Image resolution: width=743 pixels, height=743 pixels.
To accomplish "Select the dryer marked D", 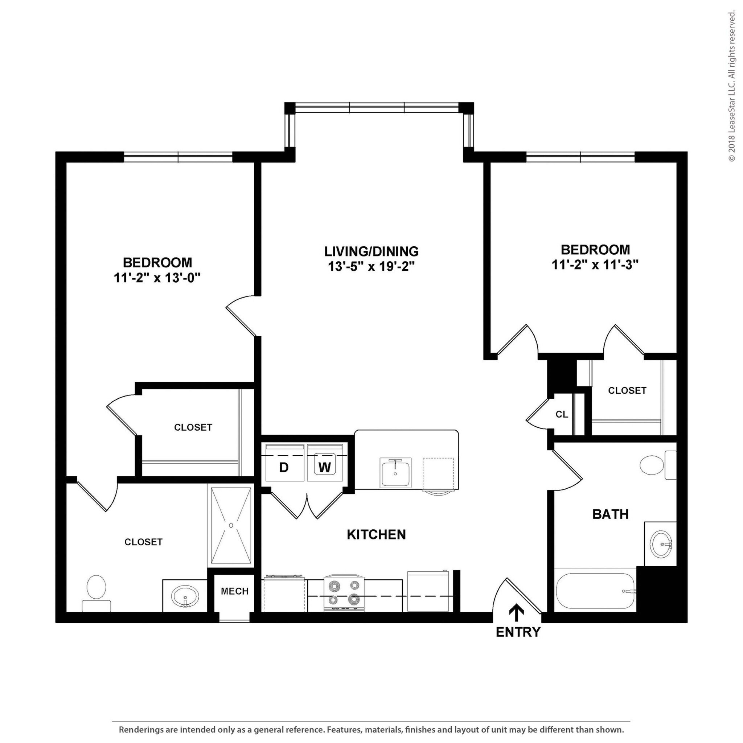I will pos(284,467).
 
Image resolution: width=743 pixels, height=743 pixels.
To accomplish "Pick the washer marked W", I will pos(325,467).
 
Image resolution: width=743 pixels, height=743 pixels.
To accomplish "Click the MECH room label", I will pos(235,591).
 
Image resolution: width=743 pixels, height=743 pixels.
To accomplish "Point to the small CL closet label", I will pos(562,414).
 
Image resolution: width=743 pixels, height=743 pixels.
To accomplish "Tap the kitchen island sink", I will pos(395,473).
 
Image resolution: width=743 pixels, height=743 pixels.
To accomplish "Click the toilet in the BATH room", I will pos(656,465).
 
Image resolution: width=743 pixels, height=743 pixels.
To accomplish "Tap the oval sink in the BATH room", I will pos(661,544).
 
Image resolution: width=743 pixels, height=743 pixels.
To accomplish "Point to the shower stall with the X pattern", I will pos(231,525).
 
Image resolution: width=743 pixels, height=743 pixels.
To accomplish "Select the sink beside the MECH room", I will pos(185,596).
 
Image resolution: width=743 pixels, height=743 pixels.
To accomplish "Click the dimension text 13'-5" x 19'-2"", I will pos(371,267).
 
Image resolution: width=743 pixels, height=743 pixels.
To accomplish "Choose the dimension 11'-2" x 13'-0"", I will pos(157,278).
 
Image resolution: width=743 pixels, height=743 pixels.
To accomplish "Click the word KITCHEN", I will pos(376,534).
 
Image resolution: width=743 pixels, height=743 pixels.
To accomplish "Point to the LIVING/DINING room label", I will pos(371,251).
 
